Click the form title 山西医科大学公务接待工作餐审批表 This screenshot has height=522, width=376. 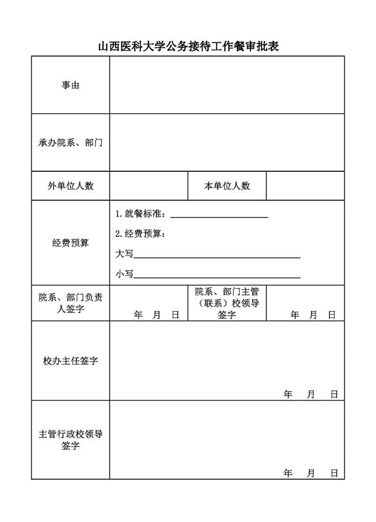tap(188, 47)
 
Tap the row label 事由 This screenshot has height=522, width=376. tap(70, 85)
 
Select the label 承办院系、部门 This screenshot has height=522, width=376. tap(70, 143)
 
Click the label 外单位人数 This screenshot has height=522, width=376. tap(70, 186)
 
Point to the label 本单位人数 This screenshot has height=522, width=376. tap(227, 186)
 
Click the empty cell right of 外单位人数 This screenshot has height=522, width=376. tap(149, 186)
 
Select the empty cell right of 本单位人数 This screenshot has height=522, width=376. tap(305, 186)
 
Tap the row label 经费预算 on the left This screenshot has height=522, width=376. tap(70, 243)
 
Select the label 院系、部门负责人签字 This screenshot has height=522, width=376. tap(70, 303)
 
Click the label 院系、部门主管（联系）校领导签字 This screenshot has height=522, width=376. tap(227, 303)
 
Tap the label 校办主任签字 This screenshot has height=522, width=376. tap(70, 361)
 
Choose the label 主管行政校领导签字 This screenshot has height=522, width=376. tap(70, 440)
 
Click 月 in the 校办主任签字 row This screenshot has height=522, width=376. tap(311, 394)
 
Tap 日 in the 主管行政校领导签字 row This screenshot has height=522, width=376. tap(334, 473)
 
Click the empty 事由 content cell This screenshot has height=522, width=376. tap(227, 85)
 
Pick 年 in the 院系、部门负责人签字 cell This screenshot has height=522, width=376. tap(138, 315)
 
